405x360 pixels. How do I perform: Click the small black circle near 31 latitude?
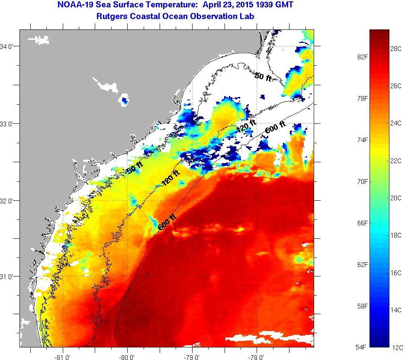(148, 274)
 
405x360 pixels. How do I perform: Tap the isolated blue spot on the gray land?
(125, 101)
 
